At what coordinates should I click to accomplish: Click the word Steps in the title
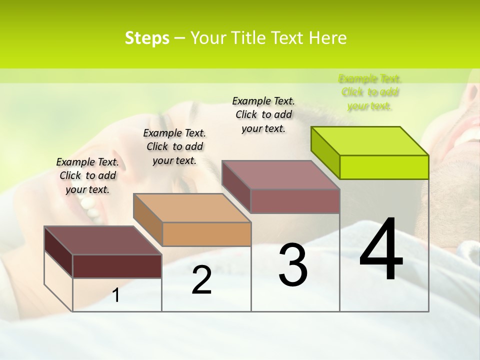click(x=147, y=38)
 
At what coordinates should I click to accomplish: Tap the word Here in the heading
click(x=328, y=38)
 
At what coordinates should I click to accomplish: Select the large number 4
click(x=381, y=250)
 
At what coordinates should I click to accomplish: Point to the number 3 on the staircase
click(x=292, y=265)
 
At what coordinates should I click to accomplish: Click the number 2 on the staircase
click(x=201, y=280)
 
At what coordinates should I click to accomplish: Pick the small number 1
click(x=116, y=295)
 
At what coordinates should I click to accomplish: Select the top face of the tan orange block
click(x=192, y=207)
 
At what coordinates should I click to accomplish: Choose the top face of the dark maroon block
click(x=103, y=240)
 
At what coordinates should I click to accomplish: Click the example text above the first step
click(x=87, y=175)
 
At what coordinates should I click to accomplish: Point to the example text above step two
click(x=174, y=146)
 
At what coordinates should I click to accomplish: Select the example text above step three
click(x=263, y=114)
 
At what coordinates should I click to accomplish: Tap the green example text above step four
click(x=370, y=92)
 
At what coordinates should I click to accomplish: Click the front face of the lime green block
click(x=384, y=167)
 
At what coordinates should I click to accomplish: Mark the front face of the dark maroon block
click(x=117, y=266)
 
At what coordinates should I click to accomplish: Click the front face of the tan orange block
click(x=206, y=234)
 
